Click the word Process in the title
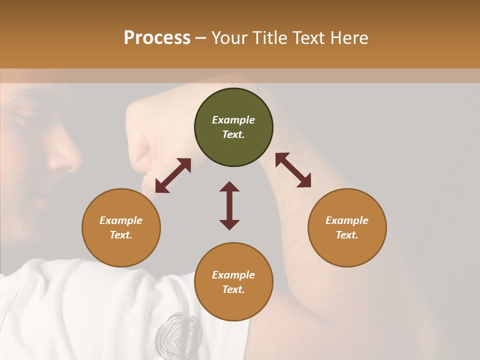click(157, 38)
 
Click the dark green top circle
click(233, 127)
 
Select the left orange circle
click(121, 227)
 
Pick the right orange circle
click(347, 227)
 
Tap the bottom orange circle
click(233, 282)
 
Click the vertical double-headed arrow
click(229, 205)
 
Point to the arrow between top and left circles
click(173, 175)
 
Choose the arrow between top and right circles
click(293, 170)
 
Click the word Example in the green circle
click(233, 120)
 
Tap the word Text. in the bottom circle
click(233, 289)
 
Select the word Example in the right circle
click(347, 220)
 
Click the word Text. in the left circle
click(121, 235)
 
